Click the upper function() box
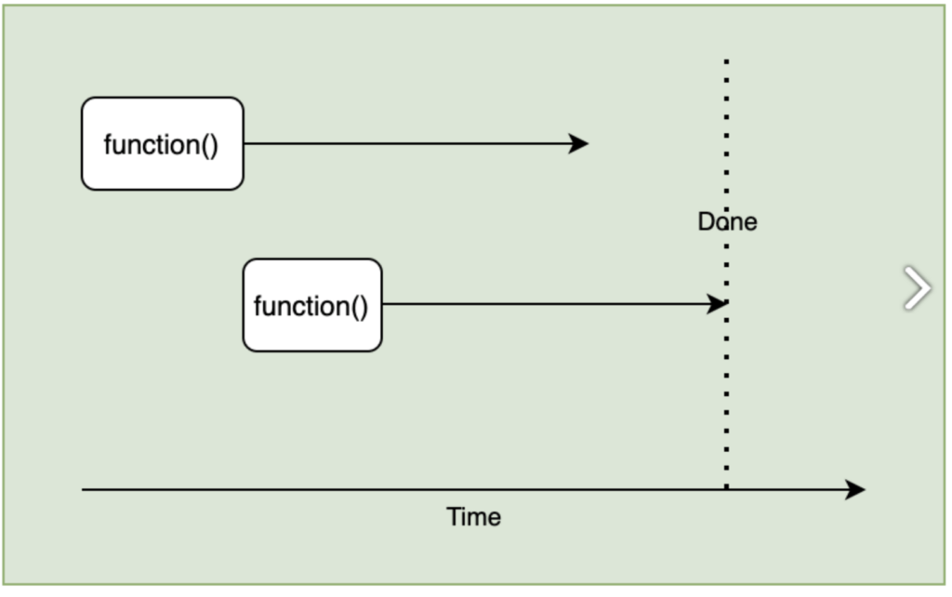pyautogui.click(x=162, y=144)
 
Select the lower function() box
pyautogui.click(x=311, y=305)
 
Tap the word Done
pyautogui.click(x=727, y=222)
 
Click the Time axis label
pyautogui.click(x=473, y=517)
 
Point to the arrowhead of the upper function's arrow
pyautogui.click(x=580, y=143)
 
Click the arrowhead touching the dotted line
pyautogui.click(x=718, y=303)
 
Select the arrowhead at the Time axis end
pyautogui.click(x=856, y=489)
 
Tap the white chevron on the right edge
pyautogui.click(x=917, y=287)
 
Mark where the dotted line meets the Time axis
pyautogui.click(x=726, y=489)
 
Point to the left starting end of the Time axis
pyautogui.click(x=84, y=489)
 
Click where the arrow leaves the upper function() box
pyautogui.click(x=245, y=143)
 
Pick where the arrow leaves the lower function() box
pyautogui.click(x=383, y=303)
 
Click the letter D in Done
pyautogui.click(x=706, y=222)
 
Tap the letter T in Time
pyautogui.click(x=453, y=517)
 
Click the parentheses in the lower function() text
pyautogui.click(x=360, y=307)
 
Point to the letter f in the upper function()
pyautogui.click(x=108, y=145)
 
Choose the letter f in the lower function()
pyautogui.click(x=258, y=306)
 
